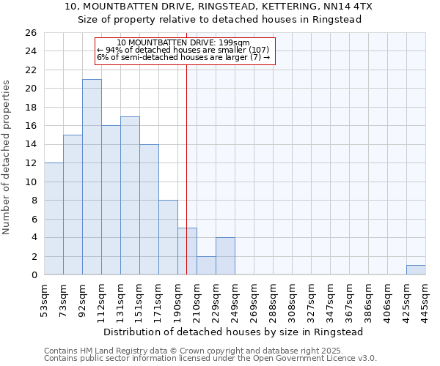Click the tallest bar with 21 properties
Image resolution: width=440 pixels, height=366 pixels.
[x=92, y=177]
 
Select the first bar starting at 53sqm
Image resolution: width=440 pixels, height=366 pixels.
[x=54, y=219]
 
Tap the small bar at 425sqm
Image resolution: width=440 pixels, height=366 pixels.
[x=416, y=270]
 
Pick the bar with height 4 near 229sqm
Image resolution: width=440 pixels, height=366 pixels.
[x=225, y=256]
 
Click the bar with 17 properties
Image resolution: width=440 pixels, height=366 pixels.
[x=130, y=195]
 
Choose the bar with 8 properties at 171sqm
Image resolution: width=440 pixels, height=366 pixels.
[x=168, y=238]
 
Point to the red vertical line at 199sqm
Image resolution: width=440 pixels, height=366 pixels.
[x=187, y=146]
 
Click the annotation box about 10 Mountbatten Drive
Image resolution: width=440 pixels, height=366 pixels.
[x=185, y=51]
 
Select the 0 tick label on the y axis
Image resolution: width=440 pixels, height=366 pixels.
[x=34, y=275]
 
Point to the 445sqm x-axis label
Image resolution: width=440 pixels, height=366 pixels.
[x=425, y=299]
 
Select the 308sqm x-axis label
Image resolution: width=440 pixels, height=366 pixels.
[x=292, y=299]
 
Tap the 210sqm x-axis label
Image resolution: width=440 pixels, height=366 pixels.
[x=197, y=299]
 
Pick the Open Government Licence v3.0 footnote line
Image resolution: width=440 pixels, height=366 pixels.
[x=210, y=359]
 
